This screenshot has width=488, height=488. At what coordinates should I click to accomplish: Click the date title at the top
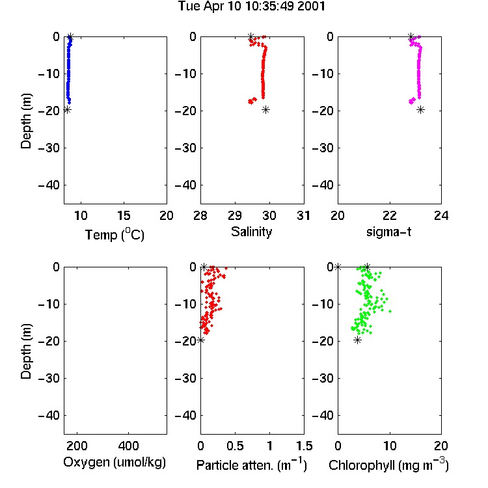click(251, 7)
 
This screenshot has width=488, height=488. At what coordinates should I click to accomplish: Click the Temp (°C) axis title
click(115, 234)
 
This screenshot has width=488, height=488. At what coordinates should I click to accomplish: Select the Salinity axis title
click(251, 232)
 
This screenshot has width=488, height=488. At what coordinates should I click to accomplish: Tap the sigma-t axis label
click(388, 232)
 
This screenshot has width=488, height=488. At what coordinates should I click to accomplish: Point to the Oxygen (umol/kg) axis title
click(115, 463)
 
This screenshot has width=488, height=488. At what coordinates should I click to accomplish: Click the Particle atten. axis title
click(251, 465)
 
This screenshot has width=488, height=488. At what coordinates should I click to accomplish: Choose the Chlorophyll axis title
click(388, 465)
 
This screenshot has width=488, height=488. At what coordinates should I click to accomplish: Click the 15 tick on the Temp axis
click(124, 215)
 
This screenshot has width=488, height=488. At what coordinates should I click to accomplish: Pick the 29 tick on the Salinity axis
click(235, 215)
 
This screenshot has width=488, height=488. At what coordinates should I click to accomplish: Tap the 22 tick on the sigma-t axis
click(390, 215)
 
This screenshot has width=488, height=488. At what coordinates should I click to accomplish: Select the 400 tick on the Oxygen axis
click(129, 446)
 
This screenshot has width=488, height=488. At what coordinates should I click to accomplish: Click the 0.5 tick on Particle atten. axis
click(235, 446)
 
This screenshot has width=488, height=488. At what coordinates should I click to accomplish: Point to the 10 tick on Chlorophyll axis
click(390, 446)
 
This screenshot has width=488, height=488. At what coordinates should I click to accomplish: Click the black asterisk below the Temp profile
click(67, 109)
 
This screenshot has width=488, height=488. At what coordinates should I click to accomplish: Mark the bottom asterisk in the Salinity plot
click(265, 109)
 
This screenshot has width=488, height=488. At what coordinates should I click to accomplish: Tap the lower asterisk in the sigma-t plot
click(420, 109)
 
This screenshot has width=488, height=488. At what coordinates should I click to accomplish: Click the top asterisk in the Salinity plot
click(251, 36)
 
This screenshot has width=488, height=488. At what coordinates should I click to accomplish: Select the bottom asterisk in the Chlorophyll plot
click(358, 340)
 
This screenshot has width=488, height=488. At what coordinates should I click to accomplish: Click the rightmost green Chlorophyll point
click(390, 311)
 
